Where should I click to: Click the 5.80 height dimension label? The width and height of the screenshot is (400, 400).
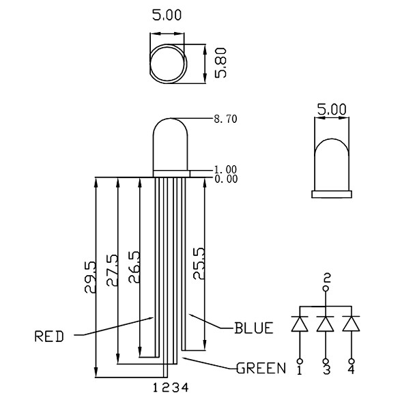coord(220,63)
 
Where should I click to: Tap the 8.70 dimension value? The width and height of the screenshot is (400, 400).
coord(225,119)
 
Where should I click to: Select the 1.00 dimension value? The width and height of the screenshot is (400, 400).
coord(225,170)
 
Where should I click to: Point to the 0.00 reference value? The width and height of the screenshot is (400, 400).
coord(226,179)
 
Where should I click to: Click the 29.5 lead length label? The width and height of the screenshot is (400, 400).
coord(91,277)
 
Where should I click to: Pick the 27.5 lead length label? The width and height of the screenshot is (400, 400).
coord(113,270)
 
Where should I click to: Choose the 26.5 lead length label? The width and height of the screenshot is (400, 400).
coord(134,267)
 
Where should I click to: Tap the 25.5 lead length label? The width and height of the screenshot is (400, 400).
coord(199,263)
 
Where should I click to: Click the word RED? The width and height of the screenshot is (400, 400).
coord(49,337)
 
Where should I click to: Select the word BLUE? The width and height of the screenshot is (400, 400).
coord(254,328)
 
